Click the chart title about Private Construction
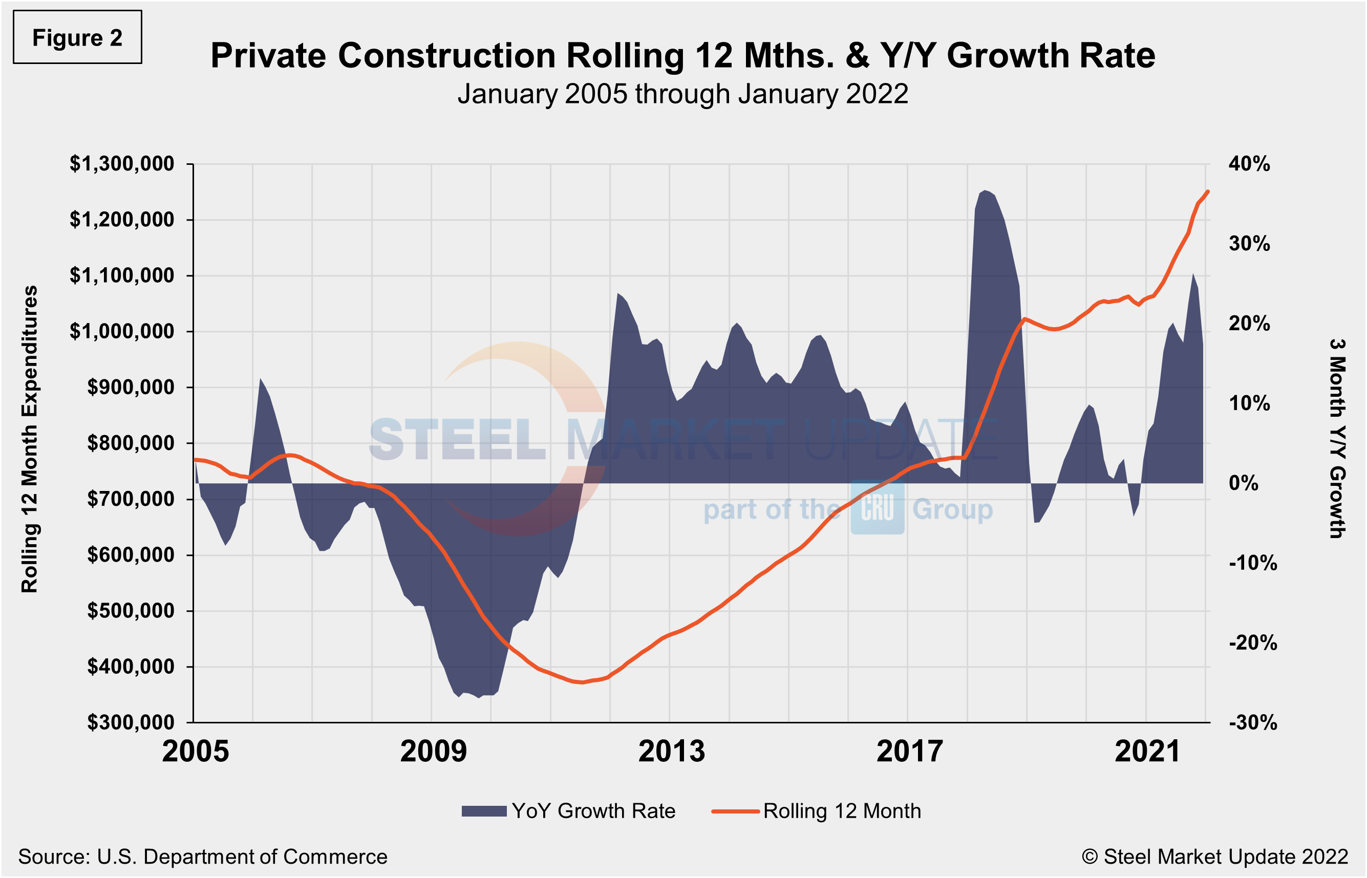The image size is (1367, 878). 682,56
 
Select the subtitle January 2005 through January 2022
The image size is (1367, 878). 682,94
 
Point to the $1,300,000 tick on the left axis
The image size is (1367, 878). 121,164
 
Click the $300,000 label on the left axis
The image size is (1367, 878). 130,723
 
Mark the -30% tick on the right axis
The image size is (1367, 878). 1252,723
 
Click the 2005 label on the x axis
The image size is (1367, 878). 196,752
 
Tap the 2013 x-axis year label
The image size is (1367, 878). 672,752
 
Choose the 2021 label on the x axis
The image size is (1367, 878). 1147,752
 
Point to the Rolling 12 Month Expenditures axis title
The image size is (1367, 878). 30,439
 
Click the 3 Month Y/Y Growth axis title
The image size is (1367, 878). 1337,439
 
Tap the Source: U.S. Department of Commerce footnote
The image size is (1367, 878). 202,857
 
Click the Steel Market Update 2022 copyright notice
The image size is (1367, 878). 1214,857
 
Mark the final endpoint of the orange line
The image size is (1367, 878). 1208,191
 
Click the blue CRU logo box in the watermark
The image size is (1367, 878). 878,508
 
